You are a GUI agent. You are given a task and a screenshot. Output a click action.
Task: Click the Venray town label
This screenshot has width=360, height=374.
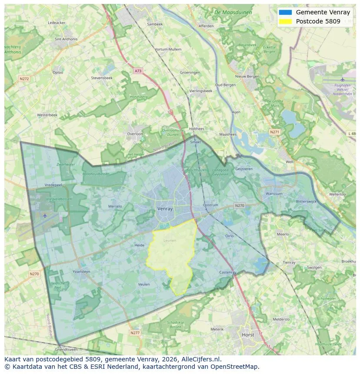point(165,209)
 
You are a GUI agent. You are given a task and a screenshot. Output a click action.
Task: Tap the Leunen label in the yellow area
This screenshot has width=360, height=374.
point(170,240)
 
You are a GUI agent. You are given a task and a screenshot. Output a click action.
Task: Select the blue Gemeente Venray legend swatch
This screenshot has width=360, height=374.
point(285,12)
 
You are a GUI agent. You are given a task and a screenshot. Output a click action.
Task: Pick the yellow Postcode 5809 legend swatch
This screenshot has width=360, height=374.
point(285,21)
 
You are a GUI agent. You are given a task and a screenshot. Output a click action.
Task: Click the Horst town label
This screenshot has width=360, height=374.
point(248,335)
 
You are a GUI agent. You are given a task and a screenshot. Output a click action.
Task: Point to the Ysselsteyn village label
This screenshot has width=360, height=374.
point(81,272)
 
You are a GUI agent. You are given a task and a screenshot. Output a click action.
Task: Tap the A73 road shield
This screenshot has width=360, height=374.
point(138,71)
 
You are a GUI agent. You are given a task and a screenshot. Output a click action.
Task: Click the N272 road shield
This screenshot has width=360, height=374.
point(24,79)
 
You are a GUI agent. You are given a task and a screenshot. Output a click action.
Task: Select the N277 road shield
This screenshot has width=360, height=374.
point(135,333)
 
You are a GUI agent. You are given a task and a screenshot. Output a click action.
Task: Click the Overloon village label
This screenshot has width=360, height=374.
point(135,134)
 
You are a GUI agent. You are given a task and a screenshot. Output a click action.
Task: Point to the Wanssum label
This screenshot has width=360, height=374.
point(274,194)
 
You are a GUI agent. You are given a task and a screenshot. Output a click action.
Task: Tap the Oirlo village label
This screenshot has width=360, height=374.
point(230,236)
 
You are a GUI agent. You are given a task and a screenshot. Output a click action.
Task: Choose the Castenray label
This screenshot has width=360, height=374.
point(227,272)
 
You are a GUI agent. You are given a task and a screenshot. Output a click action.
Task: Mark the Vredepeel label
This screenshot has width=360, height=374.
point(54,185)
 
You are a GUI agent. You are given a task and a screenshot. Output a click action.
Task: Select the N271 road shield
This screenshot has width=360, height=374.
point(274,132)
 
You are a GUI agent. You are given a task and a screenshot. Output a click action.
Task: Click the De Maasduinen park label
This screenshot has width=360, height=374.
point(233,13)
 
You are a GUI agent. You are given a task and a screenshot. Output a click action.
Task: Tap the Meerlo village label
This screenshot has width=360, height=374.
point(283,234)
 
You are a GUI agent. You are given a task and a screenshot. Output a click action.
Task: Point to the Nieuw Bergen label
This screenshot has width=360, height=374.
point(247,76)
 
